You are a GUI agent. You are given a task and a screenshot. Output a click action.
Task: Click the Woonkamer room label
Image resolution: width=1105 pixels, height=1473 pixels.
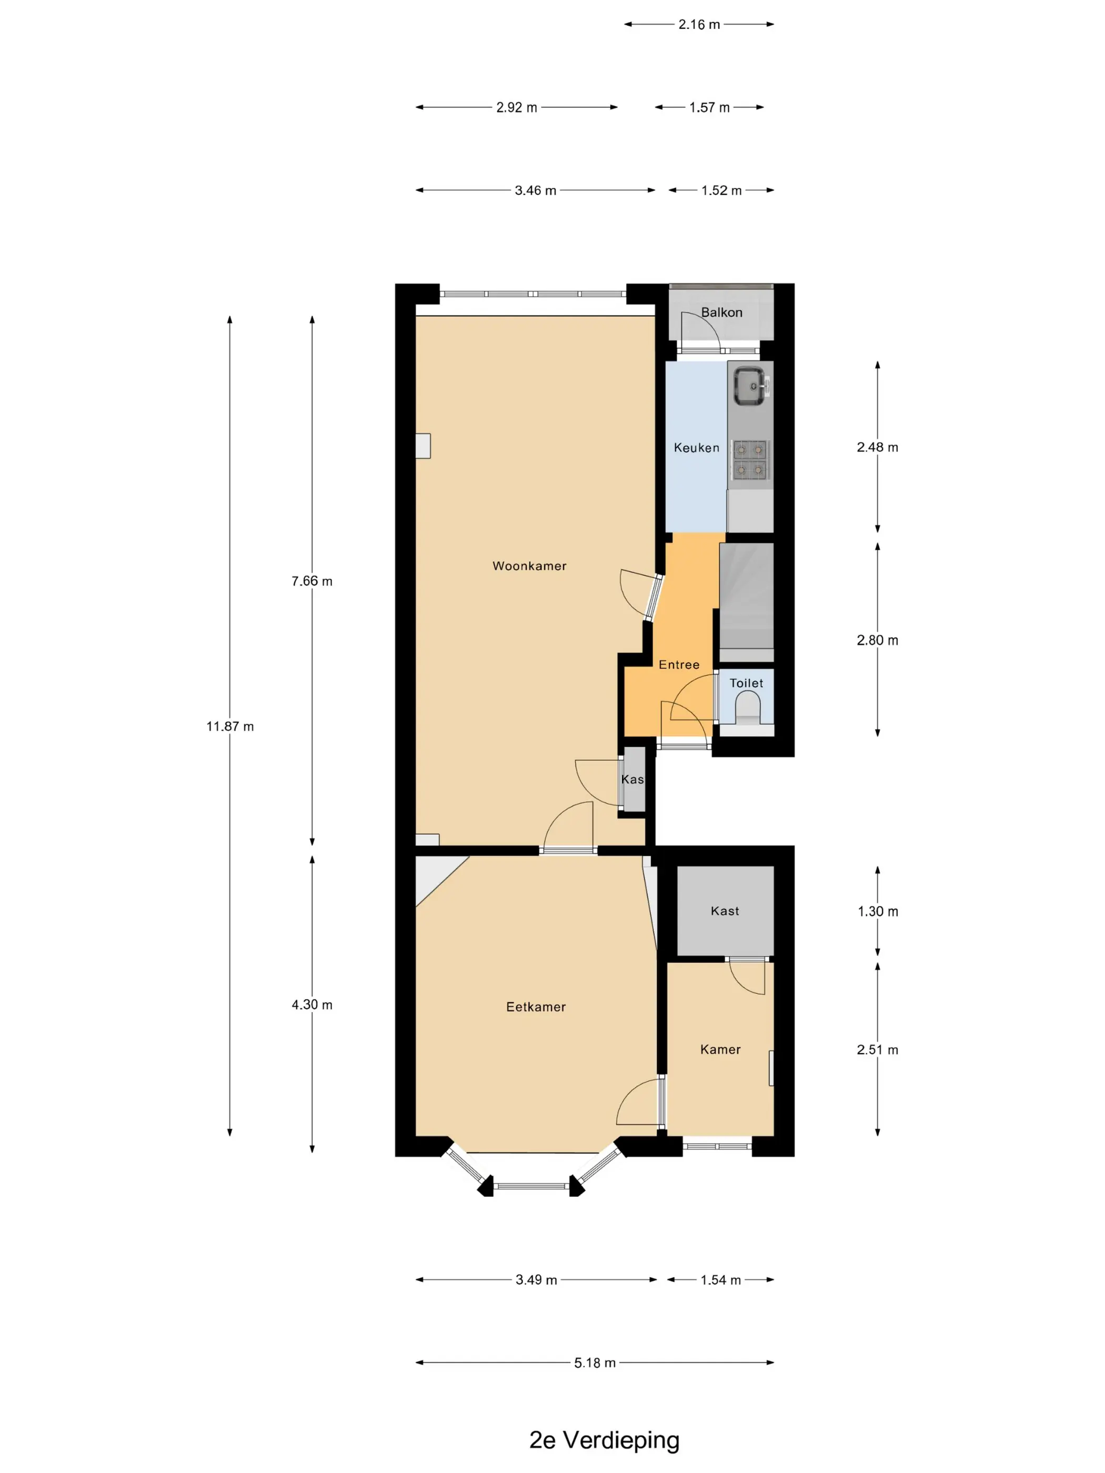click(529, 566)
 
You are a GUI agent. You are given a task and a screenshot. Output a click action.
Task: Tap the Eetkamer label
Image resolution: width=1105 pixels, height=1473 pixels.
click(536, 1007)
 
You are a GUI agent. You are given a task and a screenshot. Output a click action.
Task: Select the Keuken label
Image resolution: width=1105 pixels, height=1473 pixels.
click(697, 448)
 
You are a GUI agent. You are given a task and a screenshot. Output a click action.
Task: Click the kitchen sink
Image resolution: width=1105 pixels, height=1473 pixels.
click(751, 386)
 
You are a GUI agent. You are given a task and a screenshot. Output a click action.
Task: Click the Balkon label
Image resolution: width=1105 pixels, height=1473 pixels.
click(721, 312)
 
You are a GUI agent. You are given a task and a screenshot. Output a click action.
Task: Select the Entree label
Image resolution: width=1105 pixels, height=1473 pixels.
click(679, 664)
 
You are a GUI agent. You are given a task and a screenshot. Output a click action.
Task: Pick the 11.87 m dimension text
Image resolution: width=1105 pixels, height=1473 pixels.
click(230, 727)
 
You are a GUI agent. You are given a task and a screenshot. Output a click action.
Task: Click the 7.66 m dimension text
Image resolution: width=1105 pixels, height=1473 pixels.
click(312, 581)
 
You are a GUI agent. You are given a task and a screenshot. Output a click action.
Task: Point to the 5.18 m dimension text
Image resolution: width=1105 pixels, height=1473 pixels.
click(595, 1363)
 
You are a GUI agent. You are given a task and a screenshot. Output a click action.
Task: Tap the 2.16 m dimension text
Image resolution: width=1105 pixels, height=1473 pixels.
click(699, 25)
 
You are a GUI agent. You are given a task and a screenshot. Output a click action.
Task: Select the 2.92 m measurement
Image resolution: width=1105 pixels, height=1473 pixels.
click(516, 107)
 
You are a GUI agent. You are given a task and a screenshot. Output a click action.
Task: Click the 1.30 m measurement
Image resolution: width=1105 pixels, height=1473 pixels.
click(878, 912)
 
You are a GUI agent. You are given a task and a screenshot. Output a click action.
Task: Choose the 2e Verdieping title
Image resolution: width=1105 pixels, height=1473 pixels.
click(604, 1440)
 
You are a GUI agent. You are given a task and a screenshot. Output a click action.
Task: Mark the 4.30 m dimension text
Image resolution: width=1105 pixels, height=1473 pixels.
click(312, 1005)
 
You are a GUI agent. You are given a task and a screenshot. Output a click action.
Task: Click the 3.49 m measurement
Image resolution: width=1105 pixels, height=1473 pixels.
click(536, 1280)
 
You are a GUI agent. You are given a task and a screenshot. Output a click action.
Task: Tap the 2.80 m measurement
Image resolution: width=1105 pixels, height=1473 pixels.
click(878, 641)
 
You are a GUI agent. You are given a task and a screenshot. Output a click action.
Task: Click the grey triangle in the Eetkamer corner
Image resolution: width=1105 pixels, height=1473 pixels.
click(433, 874)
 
